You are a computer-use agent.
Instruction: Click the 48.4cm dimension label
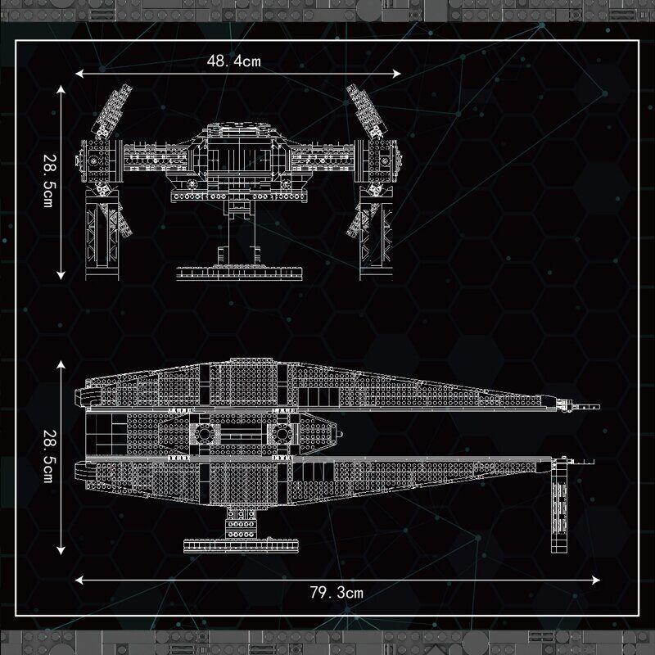click(233, 61)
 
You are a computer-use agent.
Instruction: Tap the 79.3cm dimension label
click(337, 592)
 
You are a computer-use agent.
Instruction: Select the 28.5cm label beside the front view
click(49, 181)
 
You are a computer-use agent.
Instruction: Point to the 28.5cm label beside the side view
click(49, 456)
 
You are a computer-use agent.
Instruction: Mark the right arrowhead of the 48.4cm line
click(397, 74)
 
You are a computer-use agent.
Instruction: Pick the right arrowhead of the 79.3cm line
click(596, 580)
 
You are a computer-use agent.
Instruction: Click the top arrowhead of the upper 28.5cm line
click(61, 90)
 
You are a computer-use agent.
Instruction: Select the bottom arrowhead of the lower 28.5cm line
click(61, 550)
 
